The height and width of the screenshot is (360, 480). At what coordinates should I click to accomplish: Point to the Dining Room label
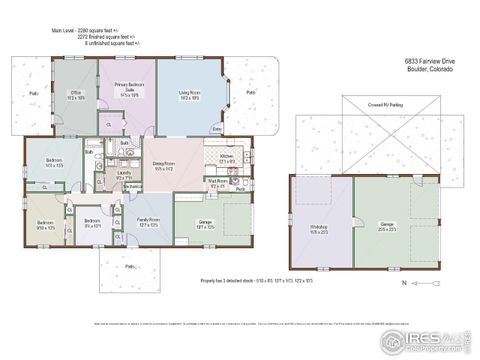click(164, 165)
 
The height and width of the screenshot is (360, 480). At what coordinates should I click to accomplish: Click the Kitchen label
click(226, 157)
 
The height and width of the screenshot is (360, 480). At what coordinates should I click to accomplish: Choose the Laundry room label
click(124, 175)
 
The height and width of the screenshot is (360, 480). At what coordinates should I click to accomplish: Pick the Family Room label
click(147, 222)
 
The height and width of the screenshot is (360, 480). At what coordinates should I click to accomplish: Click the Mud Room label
click(217, 183)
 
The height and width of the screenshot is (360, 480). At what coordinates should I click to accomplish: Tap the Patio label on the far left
click(34, 94)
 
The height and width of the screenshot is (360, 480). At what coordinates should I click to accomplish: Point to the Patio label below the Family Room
click(130, 267)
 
